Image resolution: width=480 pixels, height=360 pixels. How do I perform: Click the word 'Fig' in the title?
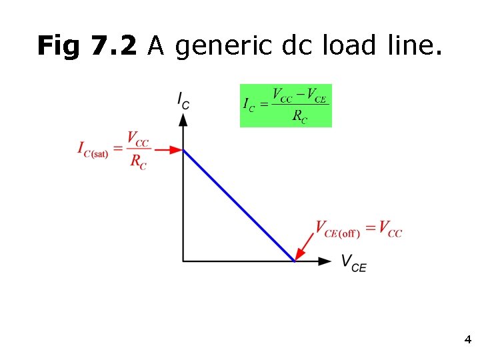(x=54, y=46)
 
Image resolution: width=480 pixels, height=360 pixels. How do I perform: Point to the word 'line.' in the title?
(x=411, y=46)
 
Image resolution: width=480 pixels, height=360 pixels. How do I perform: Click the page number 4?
(x=467, y=340)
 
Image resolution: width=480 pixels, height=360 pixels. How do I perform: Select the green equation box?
(x=285, y=105)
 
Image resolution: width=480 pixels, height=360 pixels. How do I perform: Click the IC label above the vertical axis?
(x=183, y=100)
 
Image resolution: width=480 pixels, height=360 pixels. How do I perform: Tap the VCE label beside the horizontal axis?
(x=353, y=263)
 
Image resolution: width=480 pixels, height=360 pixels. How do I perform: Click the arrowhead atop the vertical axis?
(x=183, y=119)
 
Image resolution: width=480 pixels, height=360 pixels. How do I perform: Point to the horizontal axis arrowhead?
(x=325, y=261)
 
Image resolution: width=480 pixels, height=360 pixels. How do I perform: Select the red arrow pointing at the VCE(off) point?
(x=305, y=247)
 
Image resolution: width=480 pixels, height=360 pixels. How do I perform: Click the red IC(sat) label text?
(x=93, y=149)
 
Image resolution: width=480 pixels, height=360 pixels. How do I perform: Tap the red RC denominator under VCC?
(x=139, y=162)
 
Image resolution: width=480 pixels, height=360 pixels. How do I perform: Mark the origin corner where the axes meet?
(x=183, y=261)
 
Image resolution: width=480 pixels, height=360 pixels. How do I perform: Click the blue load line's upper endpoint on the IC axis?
(x=184, y=150)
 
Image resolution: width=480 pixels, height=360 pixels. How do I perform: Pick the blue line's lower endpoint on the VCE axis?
(x=294, y=261)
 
